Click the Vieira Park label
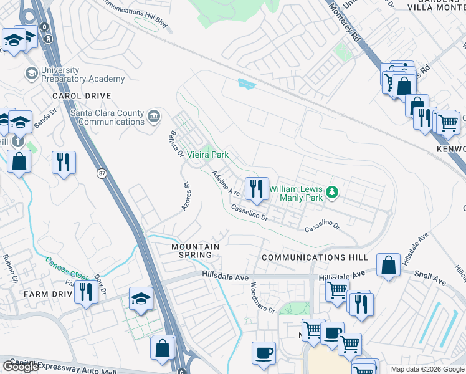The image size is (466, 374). (x=208, y=155)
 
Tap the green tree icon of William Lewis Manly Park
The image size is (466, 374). (x=332, y=192)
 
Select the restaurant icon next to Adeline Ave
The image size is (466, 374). (x=256, y=188)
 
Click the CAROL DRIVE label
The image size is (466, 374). (x=82, y=96)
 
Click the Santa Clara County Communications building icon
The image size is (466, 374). (x=153, y=116)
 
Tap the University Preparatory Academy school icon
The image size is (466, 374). (x=31, y=74)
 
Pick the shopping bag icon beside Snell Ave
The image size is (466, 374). (x=389, y=265)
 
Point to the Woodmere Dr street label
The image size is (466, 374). (x=262, y=297)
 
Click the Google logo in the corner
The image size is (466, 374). (x=21, y=367)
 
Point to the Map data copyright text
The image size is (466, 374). (x=427, y=369)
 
